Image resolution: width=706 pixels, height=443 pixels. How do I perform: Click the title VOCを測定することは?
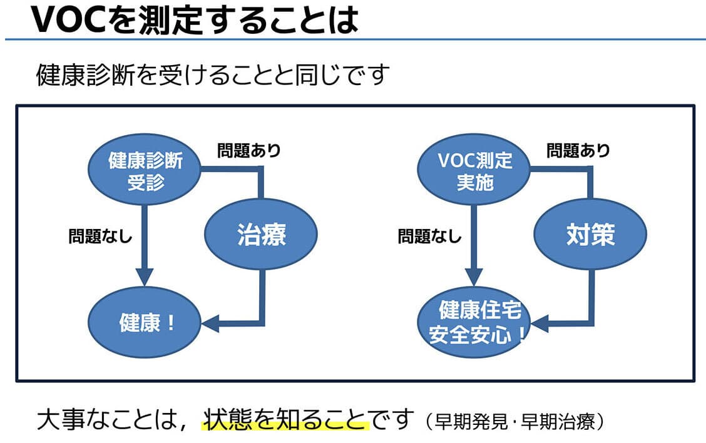194,21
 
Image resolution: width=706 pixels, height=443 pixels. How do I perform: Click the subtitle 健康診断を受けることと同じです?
213,76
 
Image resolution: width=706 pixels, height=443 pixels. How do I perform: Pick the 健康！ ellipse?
145,323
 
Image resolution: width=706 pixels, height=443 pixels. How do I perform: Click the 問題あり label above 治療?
249,151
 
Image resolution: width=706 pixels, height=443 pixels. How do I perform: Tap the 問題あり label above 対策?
578,151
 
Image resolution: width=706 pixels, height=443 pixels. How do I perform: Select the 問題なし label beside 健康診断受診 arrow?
100,237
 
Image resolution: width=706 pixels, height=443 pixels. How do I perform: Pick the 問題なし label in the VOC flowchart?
429,237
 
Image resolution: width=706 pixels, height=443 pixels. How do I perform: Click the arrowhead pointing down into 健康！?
145,277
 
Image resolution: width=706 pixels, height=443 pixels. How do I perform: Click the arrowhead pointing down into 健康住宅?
474,277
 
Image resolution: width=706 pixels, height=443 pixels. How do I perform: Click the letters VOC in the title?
62,21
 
